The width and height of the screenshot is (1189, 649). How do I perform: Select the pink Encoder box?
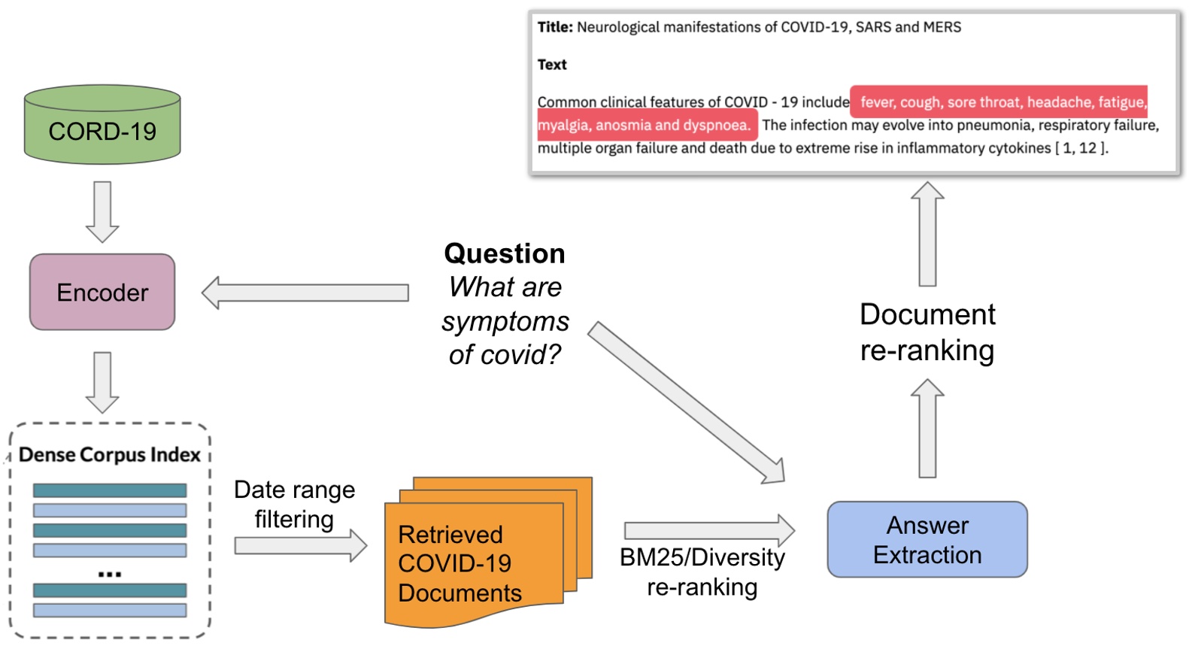tap(102, 292)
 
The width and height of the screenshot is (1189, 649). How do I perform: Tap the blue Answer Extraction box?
tap(927, 539)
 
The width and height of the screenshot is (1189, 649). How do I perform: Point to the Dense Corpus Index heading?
tap(109, 455)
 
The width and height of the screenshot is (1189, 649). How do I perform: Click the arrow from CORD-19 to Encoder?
tap(102, 211)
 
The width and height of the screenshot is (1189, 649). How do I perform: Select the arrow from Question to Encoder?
tap(305, 293)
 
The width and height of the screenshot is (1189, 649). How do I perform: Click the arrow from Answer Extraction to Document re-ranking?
tap(927, 429)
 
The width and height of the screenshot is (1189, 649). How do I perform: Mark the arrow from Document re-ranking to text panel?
tap(927, 233)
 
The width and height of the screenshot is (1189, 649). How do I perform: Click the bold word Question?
tap(504, 253)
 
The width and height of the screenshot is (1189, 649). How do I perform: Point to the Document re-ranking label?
tap(927, 332)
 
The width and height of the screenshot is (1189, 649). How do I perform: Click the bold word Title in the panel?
tap(555, 27)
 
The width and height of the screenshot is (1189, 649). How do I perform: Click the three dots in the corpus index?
tap(110, 575)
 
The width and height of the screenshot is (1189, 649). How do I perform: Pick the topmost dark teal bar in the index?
tap(110, 490)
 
